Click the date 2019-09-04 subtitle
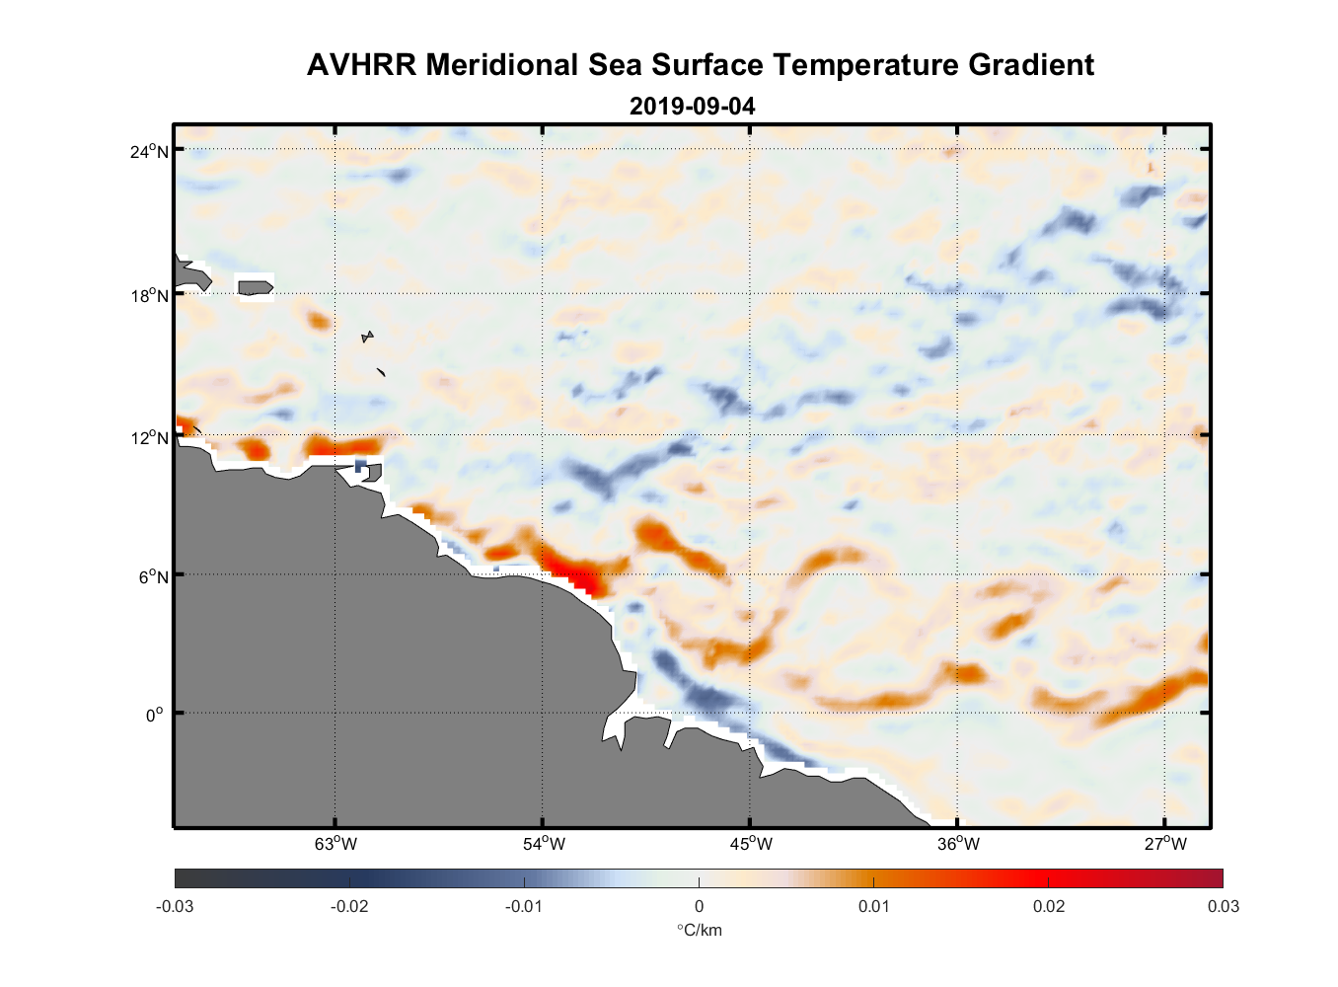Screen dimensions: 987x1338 (x=692, y=106)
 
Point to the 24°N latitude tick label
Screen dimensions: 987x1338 (x=149, y=151)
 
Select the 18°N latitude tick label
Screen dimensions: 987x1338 (x=149, y=296)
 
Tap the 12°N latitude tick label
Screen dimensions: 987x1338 (x=149, y=438)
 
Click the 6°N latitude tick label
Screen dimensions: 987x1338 (x=153, y=576)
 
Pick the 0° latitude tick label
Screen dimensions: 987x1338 (x=155, y=715)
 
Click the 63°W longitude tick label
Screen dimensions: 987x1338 (x=335, y=844)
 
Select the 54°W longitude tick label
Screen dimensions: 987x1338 (x=544, y=844)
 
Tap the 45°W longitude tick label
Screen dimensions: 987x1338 (x=751, y=844)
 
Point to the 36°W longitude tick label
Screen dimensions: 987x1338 (x=958, y=844)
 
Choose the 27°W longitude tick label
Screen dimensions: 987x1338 (x=1165, y=844)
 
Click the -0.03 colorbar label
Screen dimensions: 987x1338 (x=175, y=906)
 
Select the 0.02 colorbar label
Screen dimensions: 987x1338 (x=1048, y=906)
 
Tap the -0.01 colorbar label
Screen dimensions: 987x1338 (x=523, y=906)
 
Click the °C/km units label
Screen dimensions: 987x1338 (x=699, y=930)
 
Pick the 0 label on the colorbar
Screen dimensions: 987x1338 (x=699, y=906)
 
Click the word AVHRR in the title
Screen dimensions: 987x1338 (x=362, y=65)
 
